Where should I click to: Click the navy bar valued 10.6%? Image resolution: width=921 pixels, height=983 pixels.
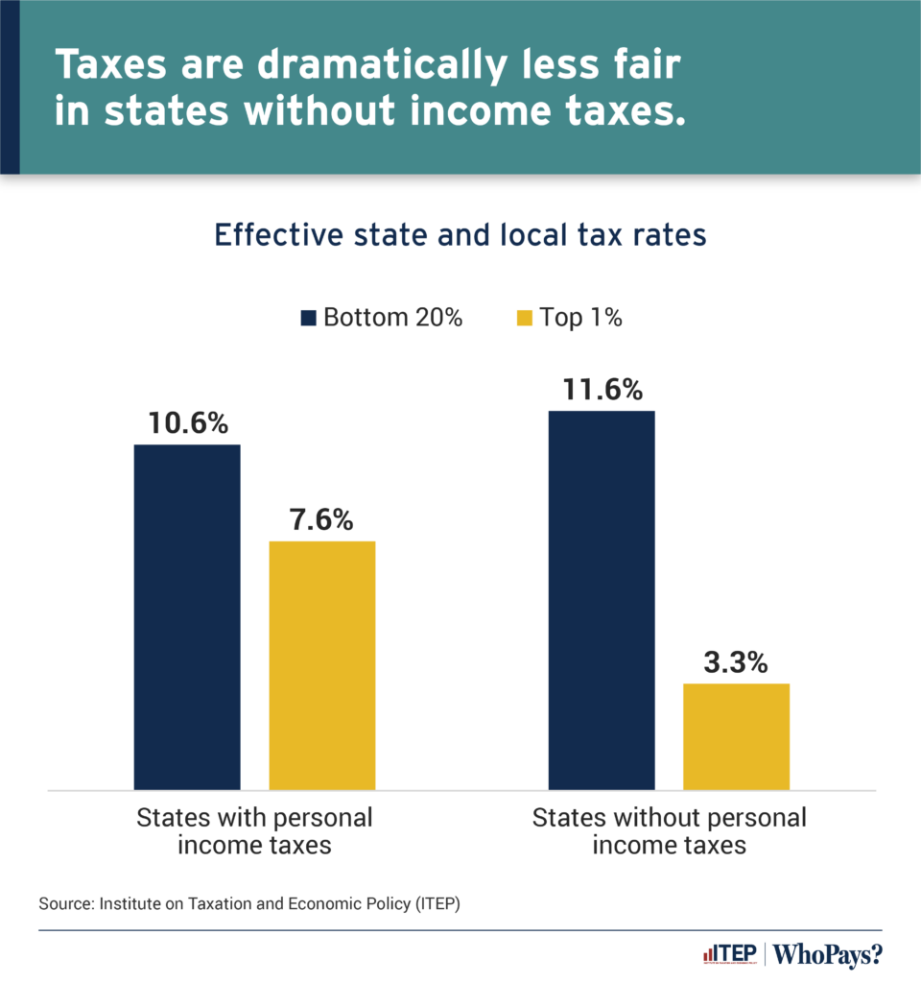187,616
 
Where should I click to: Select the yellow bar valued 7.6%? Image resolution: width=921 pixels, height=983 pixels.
322,665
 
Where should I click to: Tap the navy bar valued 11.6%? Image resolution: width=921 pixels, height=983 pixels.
601,600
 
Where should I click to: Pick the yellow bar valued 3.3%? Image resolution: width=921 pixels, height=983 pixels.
736,736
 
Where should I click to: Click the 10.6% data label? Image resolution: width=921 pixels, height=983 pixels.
187,423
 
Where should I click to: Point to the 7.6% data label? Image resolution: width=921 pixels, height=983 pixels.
322,520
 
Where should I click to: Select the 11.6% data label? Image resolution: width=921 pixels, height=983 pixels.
601,390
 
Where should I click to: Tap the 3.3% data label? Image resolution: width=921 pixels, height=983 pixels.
736,662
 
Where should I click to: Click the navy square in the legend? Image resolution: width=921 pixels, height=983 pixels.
309,318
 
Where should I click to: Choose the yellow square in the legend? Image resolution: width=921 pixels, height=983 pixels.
524,318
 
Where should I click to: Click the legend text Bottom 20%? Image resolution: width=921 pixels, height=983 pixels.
392,318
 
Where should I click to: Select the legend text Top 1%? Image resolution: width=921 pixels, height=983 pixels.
580,318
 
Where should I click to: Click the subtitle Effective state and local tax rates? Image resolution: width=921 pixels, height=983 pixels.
460,235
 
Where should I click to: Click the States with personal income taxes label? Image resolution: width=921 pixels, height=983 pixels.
254,831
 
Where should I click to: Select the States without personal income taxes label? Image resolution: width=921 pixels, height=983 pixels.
669,831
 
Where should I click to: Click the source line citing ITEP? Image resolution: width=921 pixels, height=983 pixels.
249,904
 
